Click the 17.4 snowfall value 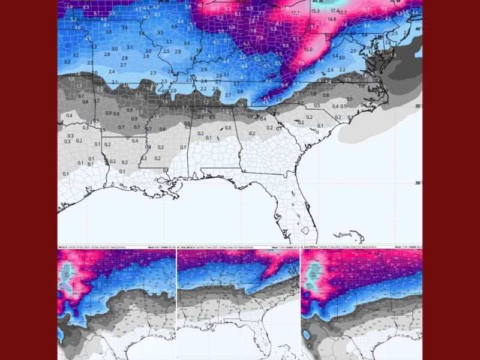(335, 11)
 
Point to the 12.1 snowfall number (295, 13)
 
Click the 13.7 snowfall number (343, 13)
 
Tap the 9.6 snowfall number (301, 63)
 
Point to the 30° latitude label (418, 183)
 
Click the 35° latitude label (418, 106)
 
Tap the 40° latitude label (418, 28)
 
